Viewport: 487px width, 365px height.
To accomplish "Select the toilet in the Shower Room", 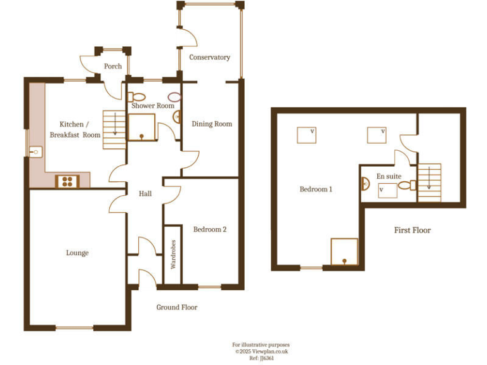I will point(135,97).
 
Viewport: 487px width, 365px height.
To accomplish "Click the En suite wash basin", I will point(365,184).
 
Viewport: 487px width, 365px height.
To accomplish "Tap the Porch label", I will point(113,66).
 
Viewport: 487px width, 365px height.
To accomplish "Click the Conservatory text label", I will point(209,58).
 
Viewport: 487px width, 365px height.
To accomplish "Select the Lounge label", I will point(77,253).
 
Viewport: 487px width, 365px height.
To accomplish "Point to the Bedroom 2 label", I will point(209,229).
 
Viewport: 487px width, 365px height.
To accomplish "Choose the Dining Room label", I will point(212,124).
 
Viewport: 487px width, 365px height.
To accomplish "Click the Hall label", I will point(145,194).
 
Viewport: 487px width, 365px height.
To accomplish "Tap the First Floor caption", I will point(412,230).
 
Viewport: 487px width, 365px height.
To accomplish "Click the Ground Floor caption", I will point(177,307).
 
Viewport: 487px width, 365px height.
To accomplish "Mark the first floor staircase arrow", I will point(429,179).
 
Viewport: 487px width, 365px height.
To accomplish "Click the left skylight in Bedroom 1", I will point(306,134).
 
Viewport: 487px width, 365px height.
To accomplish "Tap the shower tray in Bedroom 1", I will point(344,252).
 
